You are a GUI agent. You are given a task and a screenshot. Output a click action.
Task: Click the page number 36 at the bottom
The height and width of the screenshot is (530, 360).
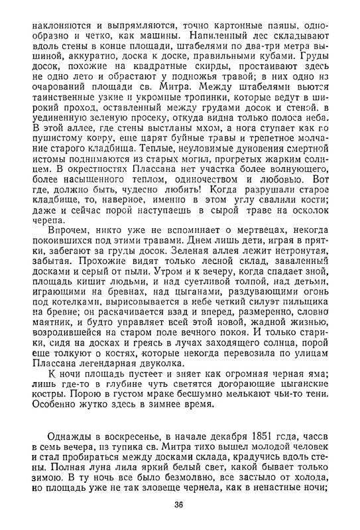pyautogui.click(x=178, y=505)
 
